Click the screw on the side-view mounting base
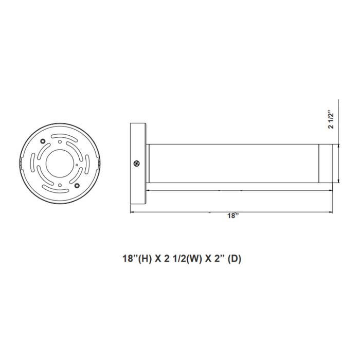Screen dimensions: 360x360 click(x=136, y=164)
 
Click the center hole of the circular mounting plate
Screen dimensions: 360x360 click(x=60, y=163)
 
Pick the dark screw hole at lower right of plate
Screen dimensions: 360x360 click(x=77, y=185)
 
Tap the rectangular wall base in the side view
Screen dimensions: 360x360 click(x=137, y=164)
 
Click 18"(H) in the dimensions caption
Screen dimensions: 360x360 click(x=134, y=259)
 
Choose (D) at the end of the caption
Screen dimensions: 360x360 click(x=234, y=259)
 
